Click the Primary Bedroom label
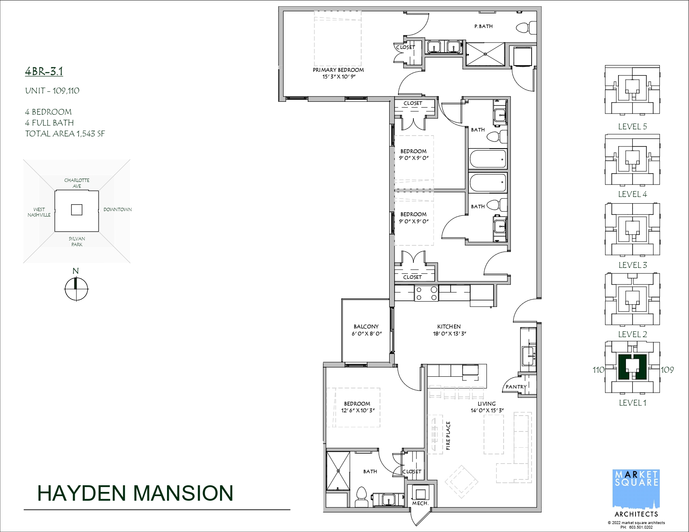(x=338, y=70)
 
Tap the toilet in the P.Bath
(x=526, y=28)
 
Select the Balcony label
(x=366, y=326)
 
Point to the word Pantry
(x=516, y=386)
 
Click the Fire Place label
(x=448, y=435)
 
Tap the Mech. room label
(x=420, y=503)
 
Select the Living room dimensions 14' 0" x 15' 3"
(x=487, y=410)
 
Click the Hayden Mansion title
(x=135, y=493)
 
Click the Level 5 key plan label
(x=632, y=126)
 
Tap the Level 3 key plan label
(x=632, y=265)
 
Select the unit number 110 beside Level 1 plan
(x=598, y=370)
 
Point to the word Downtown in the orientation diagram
(x=117, y=209)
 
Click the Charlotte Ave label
(x=77, y=183)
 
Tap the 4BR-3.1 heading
(x=44, y=71)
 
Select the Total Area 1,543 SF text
(x=65, y=134)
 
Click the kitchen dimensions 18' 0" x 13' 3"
(x=449, y=334)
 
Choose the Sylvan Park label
(x=77, y=242)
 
